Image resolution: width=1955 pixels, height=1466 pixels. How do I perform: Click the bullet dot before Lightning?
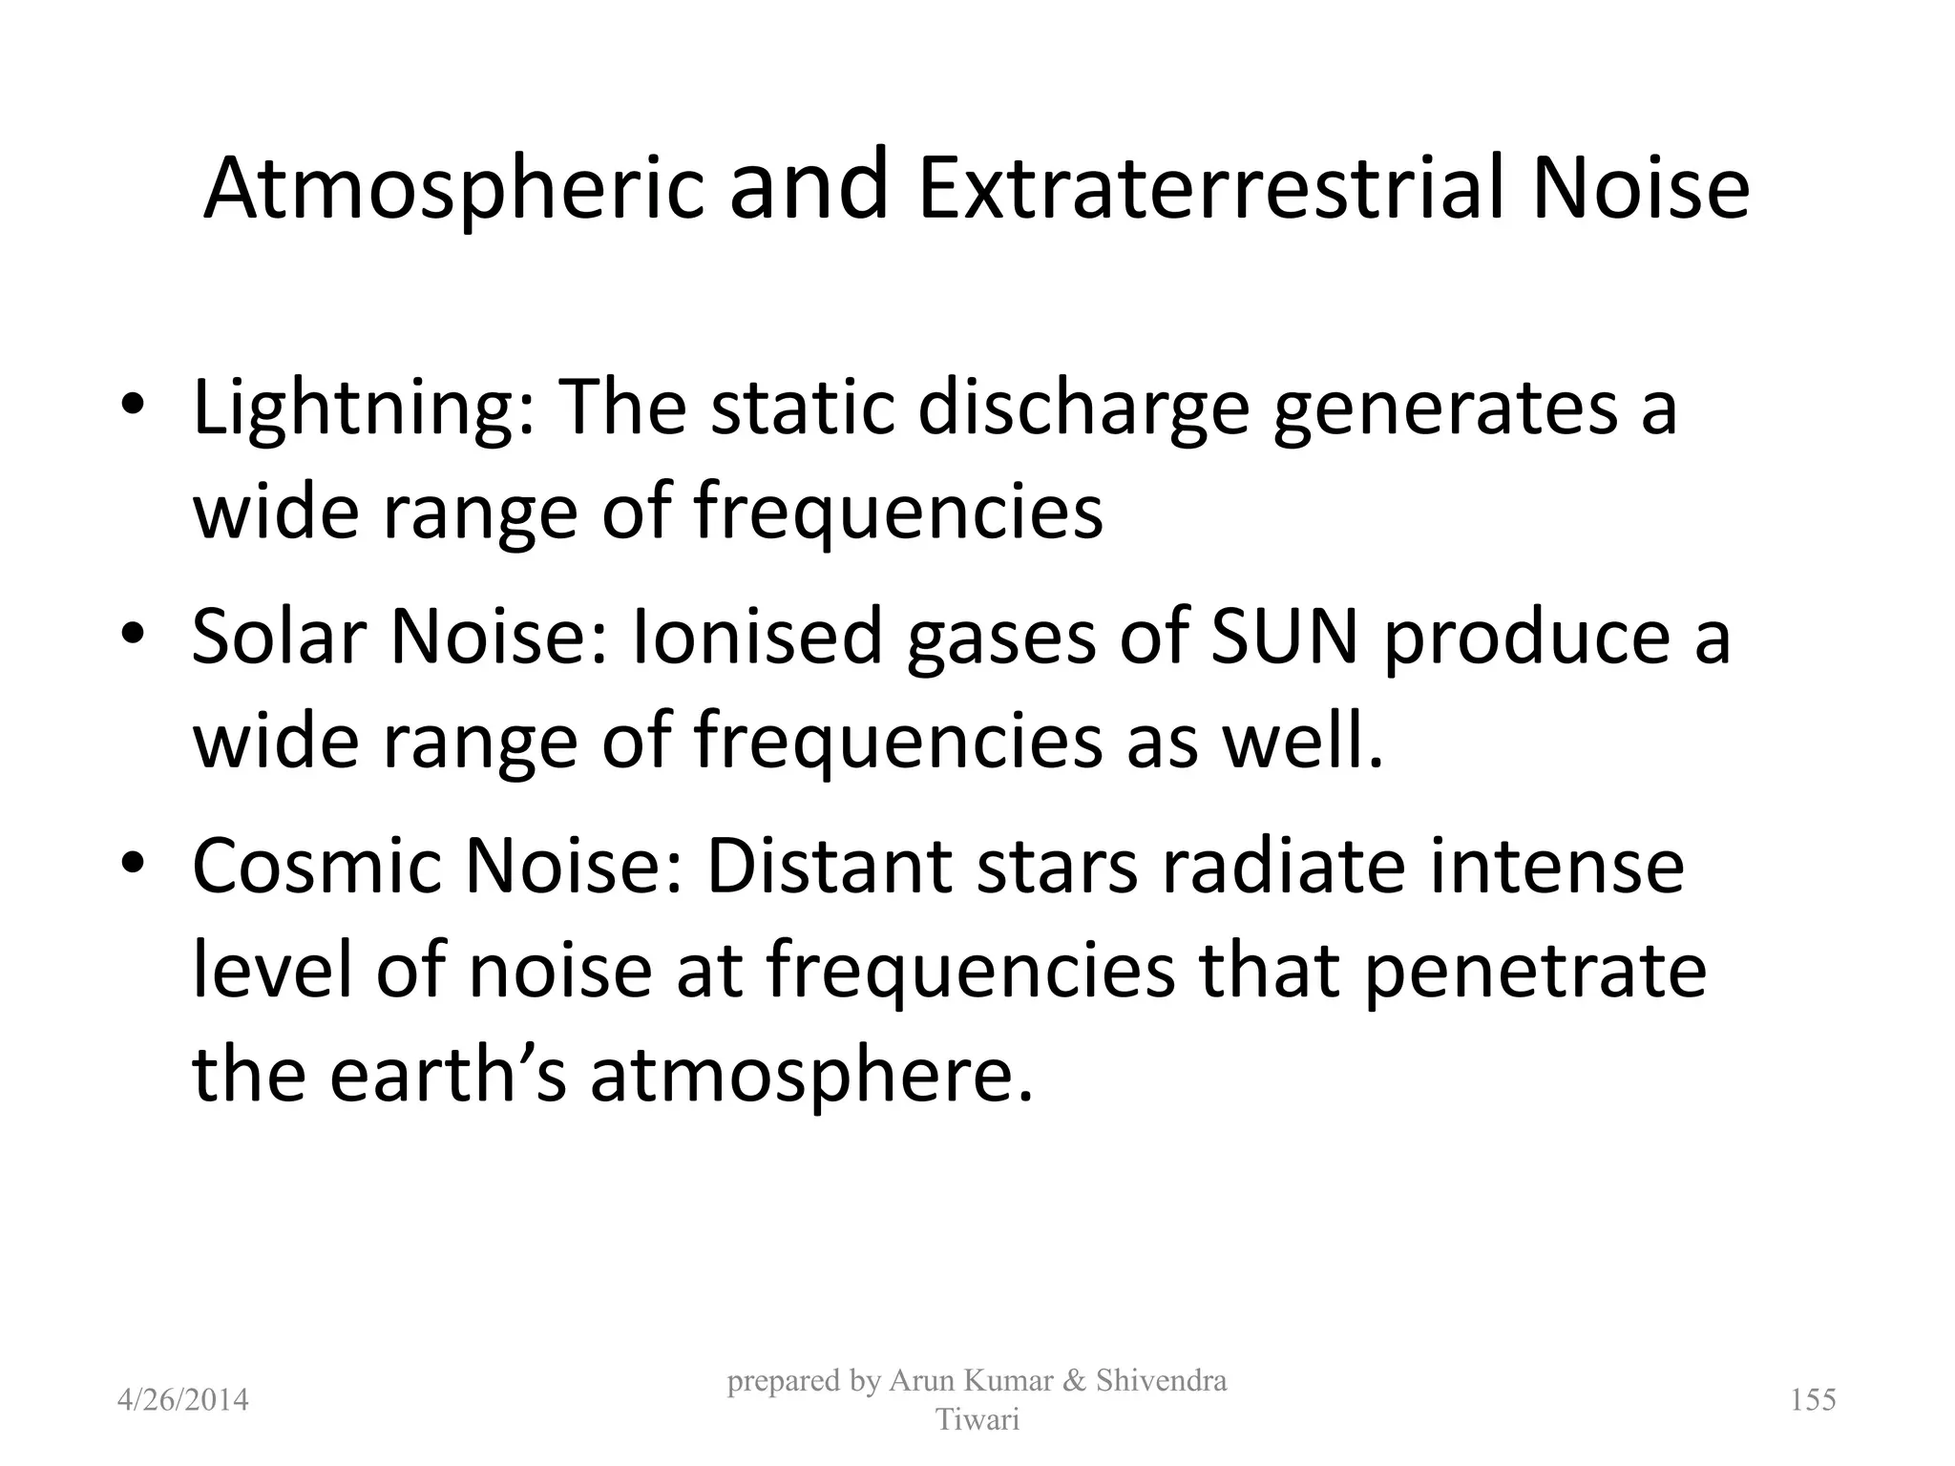[133, 406]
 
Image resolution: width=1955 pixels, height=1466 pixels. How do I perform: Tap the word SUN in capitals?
[1284, 636]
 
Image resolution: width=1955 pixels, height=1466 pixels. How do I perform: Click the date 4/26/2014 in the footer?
[182, 1400]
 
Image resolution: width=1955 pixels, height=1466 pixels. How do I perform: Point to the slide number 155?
[1813, 1399]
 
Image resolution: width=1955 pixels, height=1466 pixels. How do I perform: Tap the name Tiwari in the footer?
[977, 1420]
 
